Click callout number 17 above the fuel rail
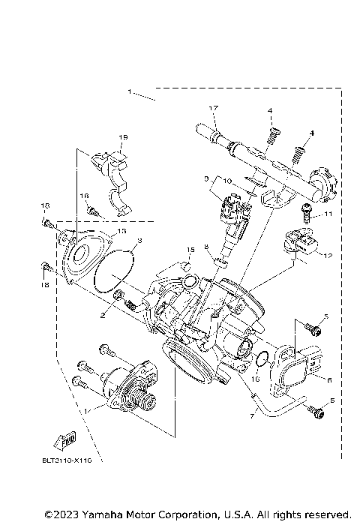[x=212, y=109]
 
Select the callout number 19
[x=123, y=137]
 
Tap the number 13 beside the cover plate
[x=121, y=232]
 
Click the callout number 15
[x=190, y=249]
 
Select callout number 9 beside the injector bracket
[x=205, y=180]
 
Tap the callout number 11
[x=327, y=214]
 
